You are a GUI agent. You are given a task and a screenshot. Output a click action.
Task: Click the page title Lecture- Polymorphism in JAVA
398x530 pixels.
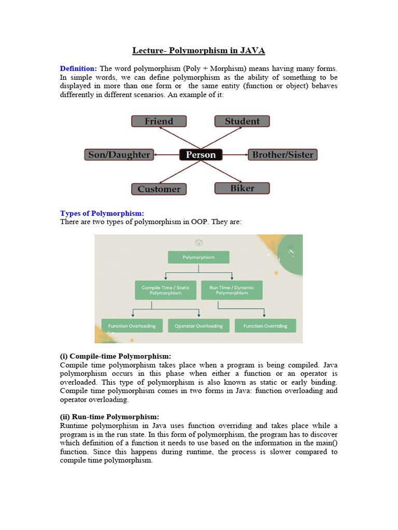coord(199,50)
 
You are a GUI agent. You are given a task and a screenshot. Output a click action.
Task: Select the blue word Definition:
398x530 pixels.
coord(78,68)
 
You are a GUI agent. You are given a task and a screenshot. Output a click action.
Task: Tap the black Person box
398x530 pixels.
coord(201,155)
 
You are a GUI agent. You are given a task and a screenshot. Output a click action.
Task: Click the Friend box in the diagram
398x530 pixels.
coord(159,121)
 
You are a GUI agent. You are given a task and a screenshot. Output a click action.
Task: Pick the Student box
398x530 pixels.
coord(242,121)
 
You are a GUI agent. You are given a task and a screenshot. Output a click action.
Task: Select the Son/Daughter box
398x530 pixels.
coord(119,155)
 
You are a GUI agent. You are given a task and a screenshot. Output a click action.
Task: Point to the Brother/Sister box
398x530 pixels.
coord(282,155)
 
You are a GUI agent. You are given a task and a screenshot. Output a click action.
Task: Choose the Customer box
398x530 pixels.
coord(159,189)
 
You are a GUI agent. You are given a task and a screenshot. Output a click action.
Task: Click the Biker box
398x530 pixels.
coord(242,188)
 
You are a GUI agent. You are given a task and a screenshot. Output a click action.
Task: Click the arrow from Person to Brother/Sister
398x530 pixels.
coord(235,155)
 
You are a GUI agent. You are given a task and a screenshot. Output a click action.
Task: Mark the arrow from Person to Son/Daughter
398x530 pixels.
coord(166,155)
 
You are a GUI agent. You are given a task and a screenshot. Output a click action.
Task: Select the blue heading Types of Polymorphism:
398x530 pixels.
coord(102,213)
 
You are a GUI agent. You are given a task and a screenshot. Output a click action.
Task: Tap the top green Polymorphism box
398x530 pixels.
coord(198,257)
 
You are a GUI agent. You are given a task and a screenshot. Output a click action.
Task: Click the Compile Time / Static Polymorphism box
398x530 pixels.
coord(165,290)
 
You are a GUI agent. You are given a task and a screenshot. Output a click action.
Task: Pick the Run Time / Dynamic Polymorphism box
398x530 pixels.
coord(232,290)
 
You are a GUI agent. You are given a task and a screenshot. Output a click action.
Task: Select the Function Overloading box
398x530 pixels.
coord(132,326)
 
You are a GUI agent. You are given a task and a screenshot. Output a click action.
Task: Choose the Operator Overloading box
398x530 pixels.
coord(198,326)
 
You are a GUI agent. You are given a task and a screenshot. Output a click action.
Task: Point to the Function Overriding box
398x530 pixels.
coord(265,326)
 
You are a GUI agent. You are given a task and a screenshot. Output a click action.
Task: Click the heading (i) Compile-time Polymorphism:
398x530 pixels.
coord(116,356)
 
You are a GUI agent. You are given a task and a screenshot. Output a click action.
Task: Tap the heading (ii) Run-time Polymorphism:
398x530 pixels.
coord(110,417)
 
